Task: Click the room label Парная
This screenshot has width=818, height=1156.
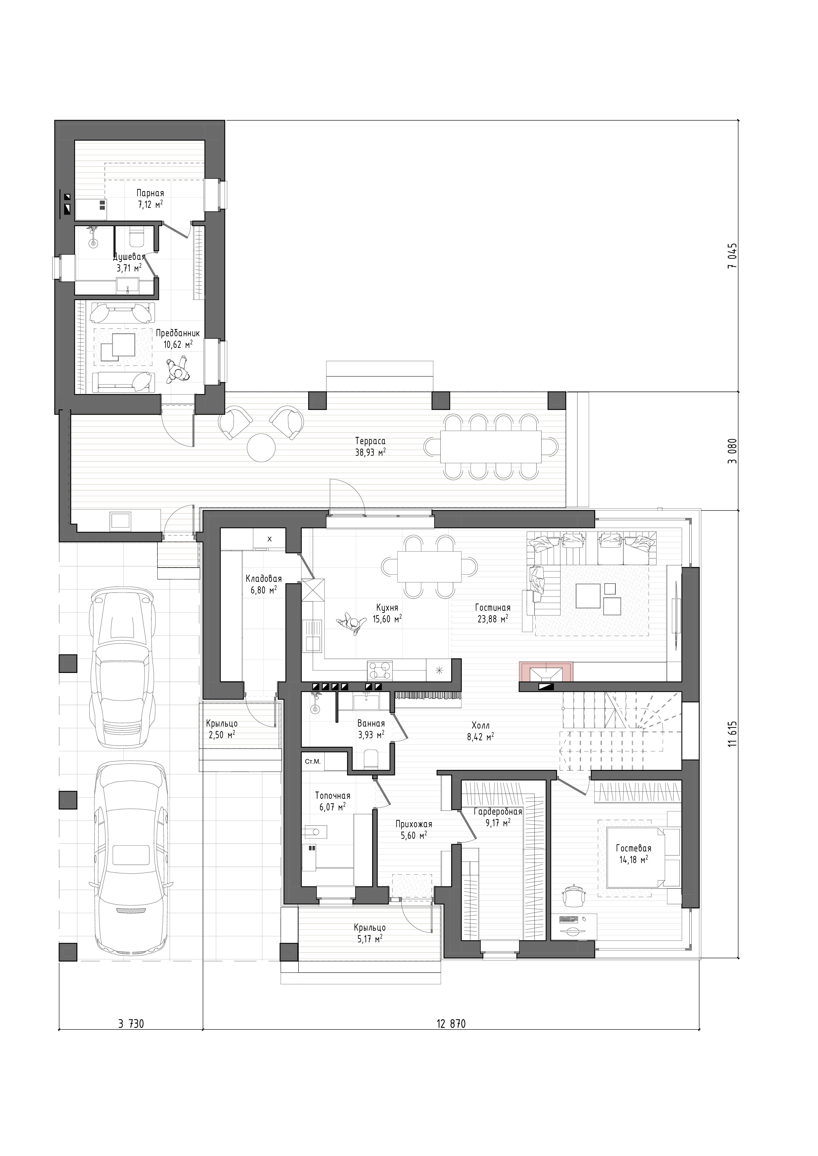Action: [150, 193]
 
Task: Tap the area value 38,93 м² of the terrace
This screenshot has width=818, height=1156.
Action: [370, 452]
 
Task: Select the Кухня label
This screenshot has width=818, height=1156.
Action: [387, 608]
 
